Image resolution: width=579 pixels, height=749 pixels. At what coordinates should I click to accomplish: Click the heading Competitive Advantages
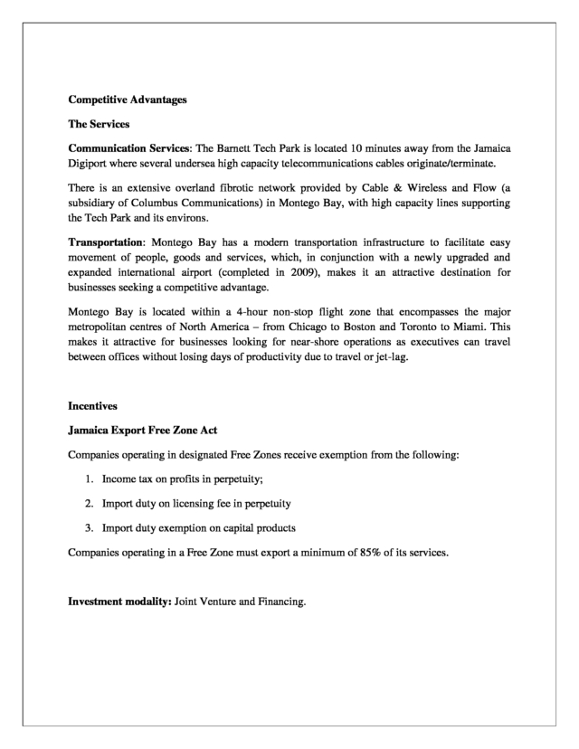(x=128, y=100)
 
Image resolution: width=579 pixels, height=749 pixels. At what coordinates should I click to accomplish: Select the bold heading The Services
(x=100, y=123)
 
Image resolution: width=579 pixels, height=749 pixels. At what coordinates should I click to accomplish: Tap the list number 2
(x=90, y=502)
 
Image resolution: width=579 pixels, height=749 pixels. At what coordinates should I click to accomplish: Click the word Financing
(x=280, y=597)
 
